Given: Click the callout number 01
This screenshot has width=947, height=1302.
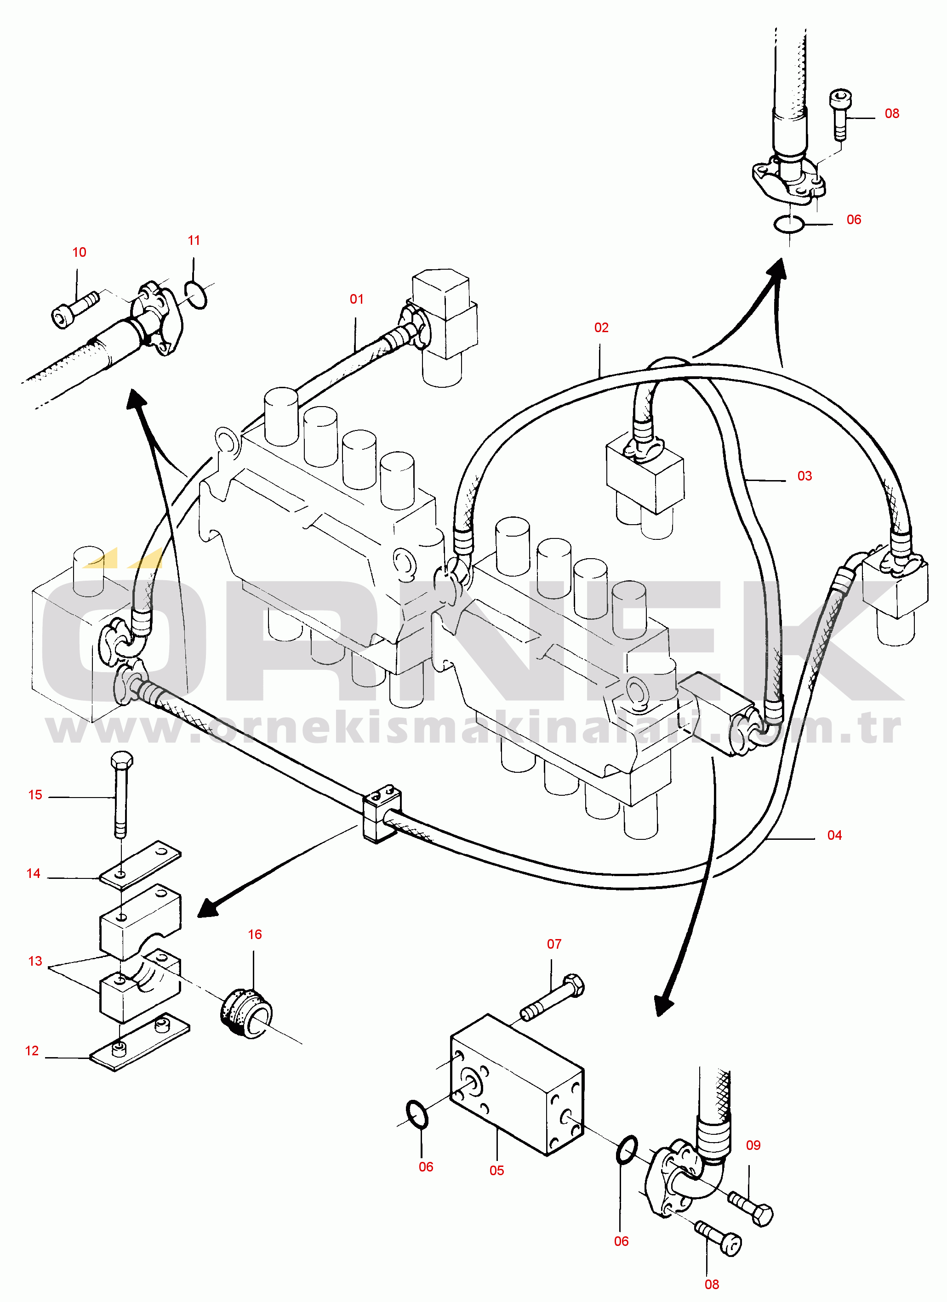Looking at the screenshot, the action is point(357,299).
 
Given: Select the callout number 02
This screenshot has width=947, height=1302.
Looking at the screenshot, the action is point(601,328).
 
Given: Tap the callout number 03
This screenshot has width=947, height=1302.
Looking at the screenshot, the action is point(804,476).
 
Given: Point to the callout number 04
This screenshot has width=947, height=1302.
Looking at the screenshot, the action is point(834,836).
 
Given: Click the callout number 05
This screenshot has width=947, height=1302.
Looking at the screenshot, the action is point(497,1171).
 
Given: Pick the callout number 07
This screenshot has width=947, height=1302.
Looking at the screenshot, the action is point(554,945).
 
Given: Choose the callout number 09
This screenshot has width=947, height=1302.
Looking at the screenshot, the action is point(753,1145).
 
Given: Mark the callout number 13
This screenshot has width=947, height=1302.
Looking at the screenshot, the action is point(35,961).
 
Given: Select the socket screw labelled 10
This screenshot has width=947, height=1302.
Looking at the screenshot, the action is point(76,311).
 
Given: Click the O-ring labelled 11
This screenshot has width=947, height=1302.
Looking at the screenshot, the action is point(196,295).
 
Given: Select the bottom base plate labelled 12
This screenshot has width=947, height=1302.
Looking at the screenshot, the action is point(140,1042).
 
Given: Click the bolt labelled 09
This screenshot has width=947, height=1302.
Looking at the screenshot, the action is point(751,1208).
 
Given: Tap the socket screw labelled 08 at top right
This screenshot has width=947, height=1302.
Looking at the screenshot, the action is point(840,114).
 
